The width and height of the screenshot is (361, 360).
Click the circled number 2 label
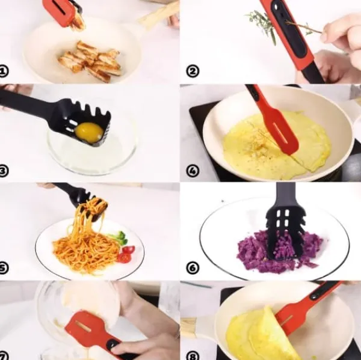click(193, 71)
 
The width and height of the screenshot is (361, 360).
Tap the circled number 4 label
click(193, 171)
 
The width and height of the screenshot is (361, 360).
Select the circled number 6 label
click(193, 268)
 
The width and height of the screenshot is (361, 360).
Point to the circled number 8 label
click(193, 356)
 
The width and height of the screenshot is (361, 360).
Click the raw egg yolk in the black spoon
click(89, 132)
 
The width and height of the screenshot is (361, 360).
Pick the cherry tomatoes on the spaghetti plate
click(126, 254)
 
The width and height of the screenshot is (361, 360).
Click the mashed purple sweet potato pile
click(280, 252)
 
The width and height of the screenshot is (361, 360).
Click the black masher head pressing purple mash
click(285, 233)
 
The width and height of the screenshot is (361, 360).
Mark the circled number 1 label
click(3, 71)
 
